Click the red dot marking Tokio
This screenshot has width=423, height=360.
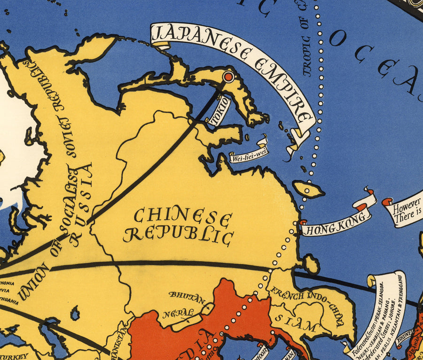click(228, 77)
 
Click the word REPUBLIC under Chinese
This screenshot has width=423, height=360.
click(178, 235)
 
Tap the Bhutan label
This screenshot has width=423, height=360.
click(187, 297)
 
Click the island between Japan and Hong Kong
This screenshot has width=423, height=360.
click(308, 189)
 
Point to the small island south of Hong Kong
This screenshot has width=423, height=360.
click(311, 264)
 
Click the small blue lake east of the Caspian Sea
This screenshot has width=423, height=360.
click(74, 313)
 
